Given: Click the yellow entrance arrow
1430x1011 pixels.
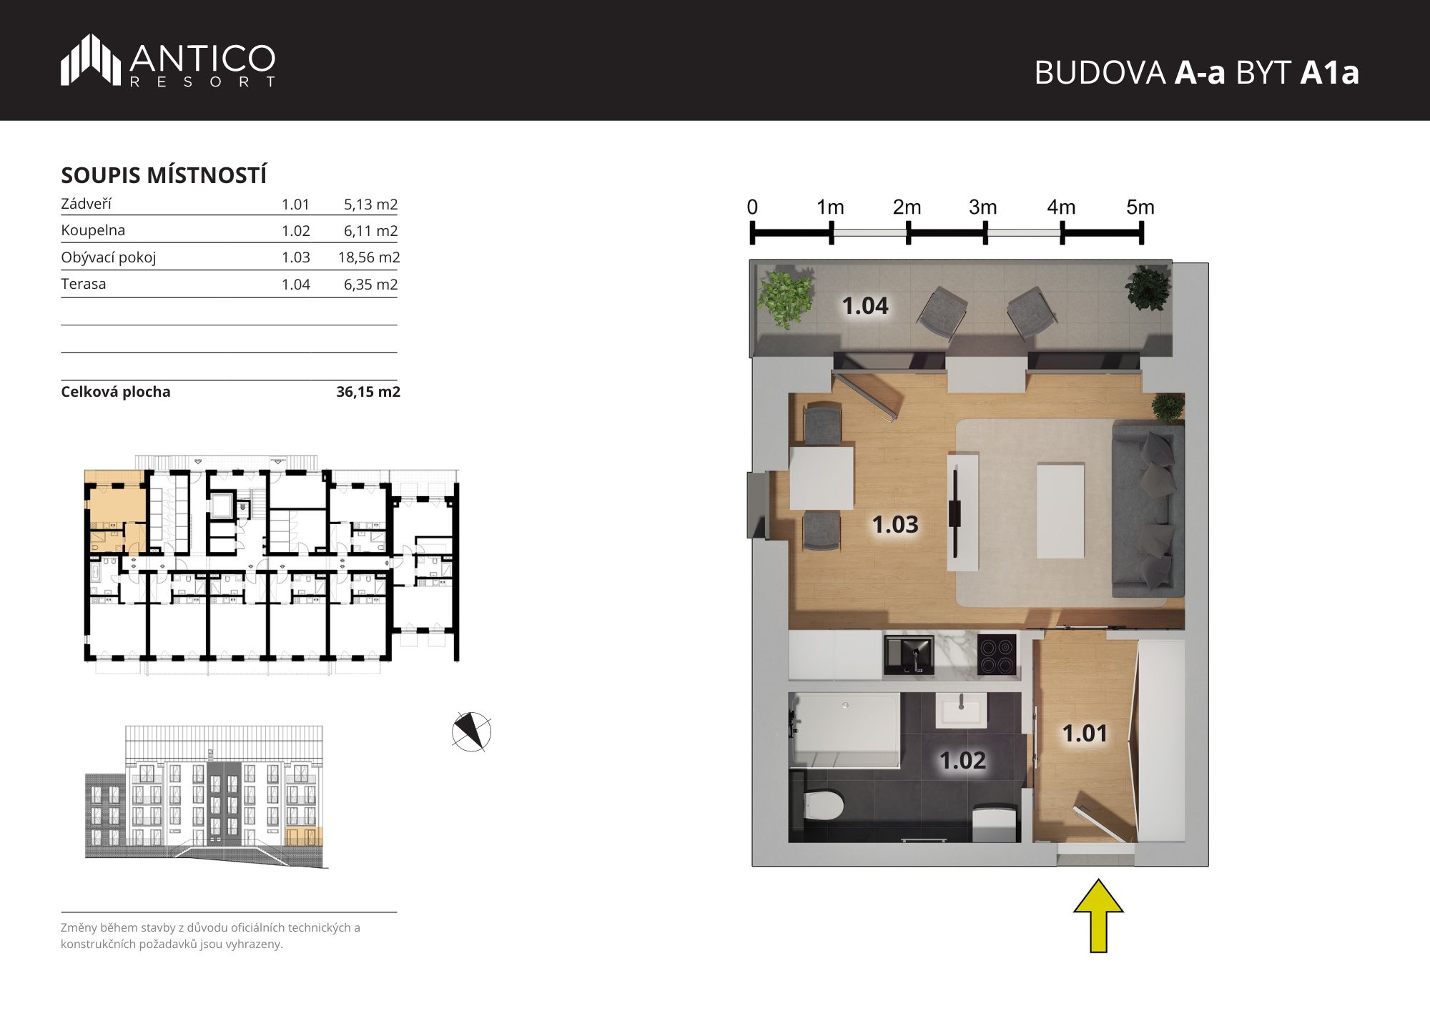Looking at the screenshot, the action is pos(1098,916).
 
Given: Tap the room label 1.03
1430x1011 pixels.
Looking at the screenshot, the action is pos(894,525).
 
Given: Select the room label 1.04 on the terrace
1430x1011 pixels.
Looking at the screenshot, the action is pos(865,306).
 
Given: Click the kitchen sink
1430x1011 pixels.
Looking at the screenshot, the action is pos(909,655).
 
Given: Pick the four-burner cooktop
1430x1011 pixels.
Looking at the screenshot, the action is pos(997,655).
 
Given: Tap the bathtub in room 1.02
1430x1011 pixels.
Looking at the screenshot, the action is pos(844,730).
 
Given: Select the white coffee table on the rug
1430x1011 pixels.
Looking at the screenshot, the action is pos(1060,511).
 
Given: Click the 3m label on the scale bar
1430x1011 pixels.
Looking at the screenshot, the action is pos(983,207).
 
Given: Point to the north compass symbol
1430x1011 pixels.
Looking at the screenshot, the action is pos(472,732).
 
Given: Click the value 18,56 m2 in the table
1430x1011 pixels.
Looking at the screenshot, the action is pos(369,257).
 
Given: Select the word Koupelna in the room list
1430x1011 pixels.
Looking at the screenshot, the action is pos(93,230).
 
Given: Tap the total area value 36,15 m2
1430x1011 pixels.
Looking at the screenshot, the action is pos(368,392).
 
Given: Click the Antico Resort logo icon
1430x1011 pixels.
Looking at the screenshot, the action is pos(91,59).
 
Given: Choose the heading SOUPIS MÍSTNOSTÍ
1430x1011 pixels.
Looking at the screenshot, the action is pos(164,175).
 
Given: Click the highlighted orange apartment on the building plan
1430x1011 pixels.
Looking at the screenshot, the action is pos(116,511).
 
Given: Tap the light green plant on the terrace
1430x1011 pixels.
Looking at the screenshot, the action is pos(785,296).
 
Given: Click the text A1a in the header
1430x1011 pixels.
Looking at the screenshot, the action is pos(1329,72).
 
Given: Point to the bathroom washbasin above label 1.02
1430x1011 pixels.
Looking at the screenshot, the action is pos(962,711).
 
